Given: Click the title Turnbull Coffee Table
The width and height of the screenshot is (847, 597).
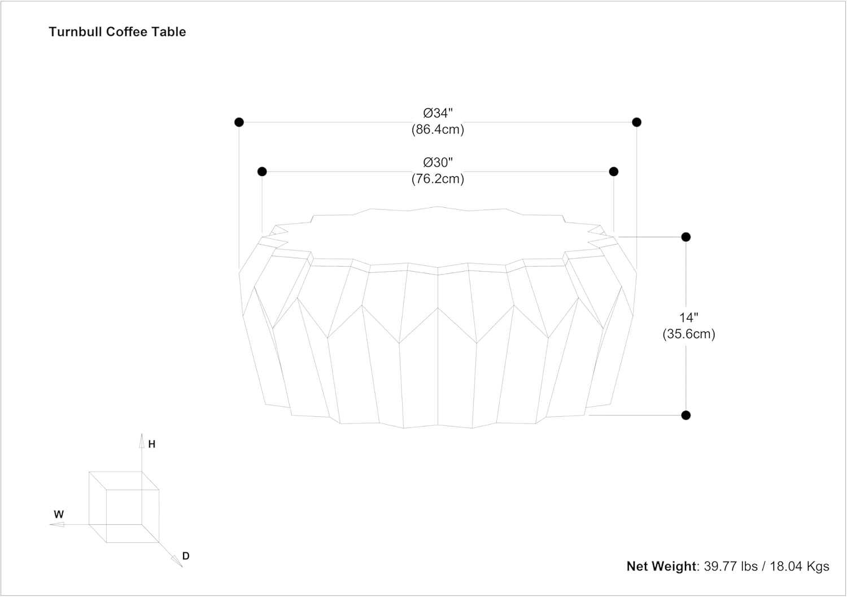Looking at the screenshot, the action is [x=117, y=32].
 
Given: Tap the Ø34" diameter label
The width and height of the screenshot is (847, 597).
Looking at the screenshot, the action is [x=438, y=113].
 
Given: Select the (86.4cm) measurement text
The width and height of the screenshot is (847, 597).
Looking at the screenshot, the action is [x=438, y=129].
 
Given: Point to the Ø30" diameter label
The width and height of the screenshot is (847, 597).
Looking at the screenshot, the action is [x=438, y=162].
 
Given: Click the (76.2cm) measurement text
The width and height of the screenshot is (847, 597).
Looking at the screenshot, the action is [x=438, y=179].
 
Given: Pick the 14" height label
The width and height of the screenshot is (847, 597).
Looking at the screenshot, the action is [x=688, y=317].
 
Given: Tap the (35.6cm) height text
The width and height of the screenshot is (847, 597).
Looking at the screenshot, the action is [x=688, y=334].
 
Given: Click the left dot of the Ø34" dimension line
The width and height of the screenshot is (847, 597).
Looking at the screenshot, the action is [x=239, y=122].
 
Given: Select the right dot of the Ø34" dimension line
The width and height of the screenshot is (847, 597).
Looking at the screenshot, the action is [x=637, y=122].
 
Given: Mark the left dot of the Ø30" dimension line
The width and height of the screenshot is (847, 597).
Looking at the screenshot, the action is [x=262, y=172].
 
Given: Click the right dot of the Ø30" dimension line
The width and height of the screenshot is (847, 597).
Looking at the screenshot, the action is [x=614, y=172].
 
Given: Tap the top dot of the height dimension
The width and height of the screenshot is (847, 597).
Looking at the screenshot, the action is [x=686, y=237].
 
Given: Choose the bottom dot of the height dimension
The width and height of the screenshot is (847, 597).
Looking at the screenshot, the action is [x=686, y=415].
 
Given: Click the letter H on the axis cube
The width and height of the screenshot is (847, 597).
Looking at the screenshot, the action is [x=152, y=444].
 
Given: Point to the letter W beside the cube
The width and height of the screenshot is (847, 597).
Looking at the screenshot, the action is [x=59, y=514].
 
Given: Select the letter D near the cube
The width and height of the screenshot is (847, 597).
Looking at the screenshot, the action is [x=186, y=556].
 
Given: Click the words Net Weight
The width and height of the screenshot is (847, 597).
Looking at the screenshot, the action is [x=661, y=567].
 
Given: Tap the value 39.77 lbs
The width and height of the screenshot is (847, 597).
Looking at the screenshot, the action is [x=731, y=567].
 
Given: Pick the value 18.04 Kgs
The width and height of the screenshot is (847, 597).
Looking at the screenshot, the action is [x=800, y=567].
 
